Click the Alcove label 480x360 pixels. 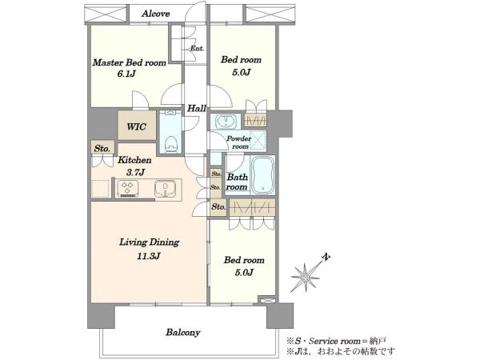tap(155, 14)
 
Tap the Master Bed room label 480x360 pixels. tap(129, 62)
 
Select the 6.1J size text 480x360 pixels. tap(126, 74)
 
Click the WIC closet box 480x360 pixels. tap(137, 126)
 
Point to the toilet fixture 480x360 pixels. tap(171, 144)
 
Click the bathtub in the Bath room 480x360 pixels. tap(262, 175)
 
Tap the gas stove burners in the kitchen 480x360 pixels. tap(128, 188)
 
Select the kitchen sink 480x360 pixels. tap(165, 188)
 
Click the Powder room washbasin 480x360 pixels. tap(226, 122)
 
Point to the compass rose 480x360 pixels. tap(305, 277)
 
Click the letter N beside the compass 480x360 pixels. tap(326, 257)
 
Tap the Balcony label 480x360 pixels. tap(183, 333)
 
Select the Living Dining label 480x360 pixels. tap(149, 242)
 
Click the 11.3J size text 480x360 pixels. tap(148, 256)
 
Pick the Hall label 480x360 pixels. tap(197, 108)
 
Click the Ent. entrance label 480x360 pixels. tap(197, 48)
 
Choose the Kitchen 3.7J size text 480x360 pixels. tap(135, 173)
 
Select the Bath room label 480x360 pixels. tap(237, 182)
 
